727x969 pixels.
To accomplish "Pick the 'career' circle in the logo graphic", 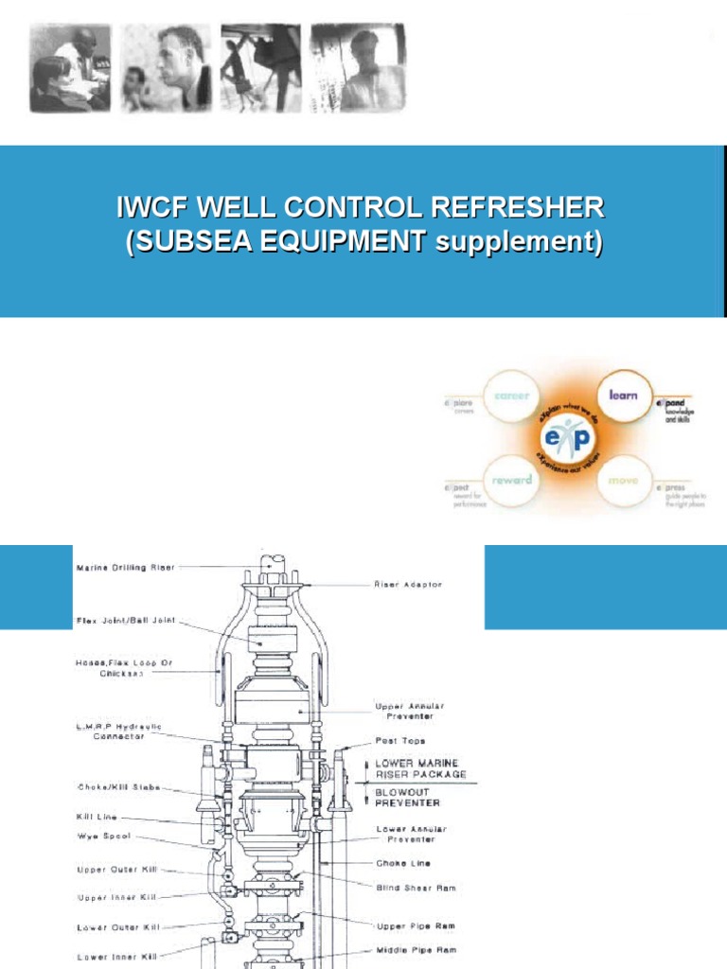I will [x=511, y=395].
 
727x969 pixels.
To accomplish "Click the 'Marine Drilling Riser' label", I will [x=125, y=568].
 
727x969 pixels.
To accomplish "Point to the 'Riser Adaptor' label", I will [x=408, y=585].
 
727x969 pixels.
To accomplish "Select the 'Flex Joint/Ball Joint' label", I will [x=127, y=622].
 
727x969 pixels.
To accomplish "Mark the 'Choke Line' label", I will [x=405, y=863].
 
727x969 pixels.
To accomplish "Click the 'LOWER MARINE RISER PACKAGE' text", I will [x=421, y=767].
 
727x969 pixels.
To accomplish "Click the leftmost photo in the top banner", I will [x=68, y=67].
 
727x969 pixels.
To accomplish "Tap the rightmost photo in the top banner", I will [x=359, y=67].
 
